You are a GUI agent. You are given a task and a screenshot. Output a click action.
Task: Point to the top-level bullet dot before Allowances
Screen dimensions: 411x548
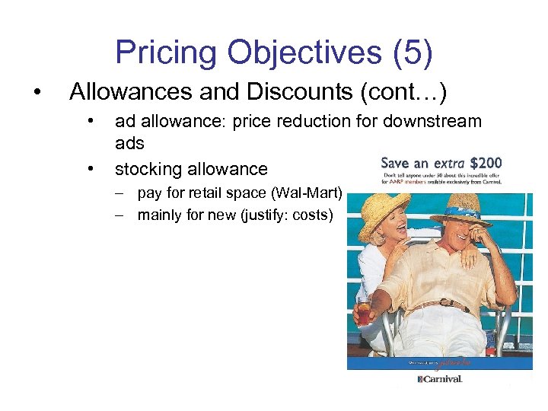click(x=37, y=92)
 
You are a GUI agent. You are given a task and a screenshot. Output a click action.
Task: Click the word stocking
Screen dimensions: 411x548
click(x=148, y=169)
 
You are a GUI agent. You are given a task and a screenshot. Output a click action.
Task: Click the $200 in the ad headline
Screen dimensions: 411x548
click(x=485, y=163)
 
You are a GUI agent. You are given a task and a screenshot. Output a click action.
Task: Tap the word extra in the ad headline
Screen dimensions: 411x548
click(x=450, y=163)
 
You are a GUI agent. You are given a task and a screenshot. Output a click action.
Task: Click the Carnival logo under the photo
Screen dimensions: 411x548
click(x=440, y=378)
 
